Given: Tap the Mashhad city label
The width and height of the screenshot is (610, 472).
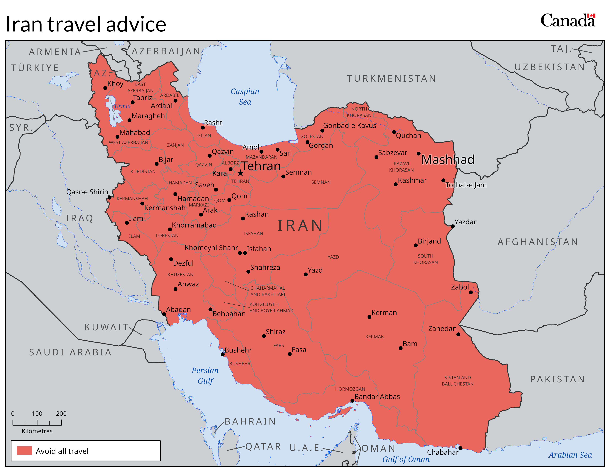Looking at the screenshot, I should click(448, 159).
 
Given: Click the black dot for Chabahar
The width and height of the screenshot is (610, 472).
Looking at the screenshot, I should click(460, 448).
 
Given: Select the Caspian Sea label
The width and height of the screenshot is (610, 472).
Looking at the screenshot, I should click(245, 96).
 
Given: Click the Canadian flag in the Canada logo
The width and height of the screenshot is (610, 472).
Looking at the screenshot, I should click(591, 16).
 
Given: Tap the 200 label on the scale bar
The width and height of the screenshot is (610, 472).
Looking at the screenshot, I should click(61, 413).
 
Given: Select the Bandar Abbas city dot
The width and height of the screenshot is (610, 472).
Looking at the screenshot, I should click(353, 401).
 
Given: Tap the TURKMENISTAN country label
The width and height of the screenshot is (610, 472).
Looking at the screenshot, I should click(391, 78).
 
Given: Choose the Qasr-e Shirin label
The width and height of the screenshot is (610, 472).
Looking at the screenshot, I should click(87, 192).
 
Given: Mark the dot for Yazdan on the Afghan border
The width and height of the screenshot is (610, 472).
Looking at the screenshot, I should click(453, 226).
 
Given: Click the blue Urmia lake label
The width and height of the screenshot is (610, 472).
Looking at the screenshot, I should click(122, 106).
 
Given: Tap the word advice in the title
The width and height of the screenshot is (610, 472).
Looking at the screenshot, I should click(136, 24).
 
